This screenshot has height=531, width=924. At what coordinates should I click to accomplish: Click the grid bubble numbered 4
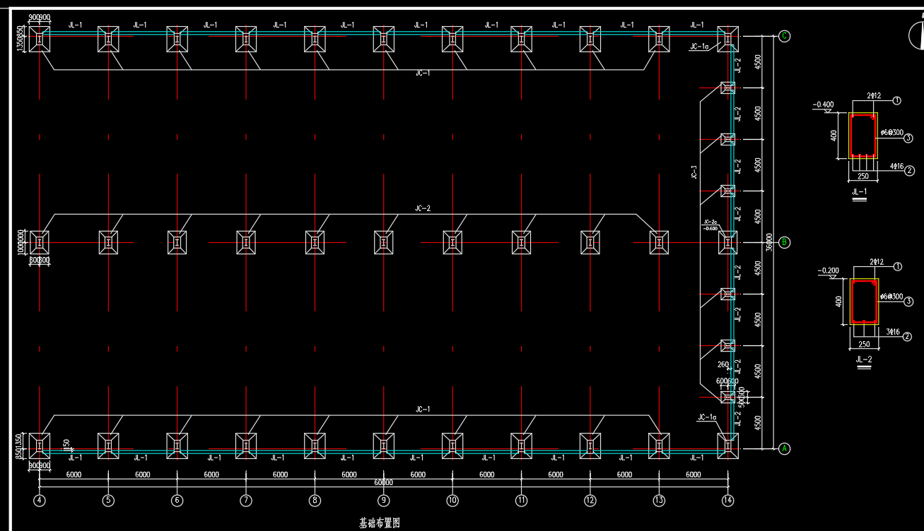coord(40,501)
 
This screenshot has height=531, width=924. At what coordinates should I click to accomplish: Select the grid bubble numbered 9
coord(383,501)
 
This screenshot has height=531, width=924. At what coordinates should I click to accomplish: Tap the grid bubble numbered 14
coord(727,501)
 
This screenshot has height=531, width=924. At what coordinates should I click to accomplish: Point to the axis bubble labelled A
coord(784,448)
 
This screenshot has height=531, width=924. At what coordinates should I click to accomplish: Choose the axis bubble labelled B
coord(784,242)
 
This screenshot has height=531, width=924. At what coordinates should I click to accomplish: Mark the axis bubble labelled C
coord(784,36)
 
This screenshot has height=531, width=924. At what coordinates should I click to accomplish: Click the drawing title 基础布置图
coord(380,523)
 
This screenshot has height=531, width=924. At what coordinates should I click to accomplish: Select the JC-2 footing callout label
coord(423,208)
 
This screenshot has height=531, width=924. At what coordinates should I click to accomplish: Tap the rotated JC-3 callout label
coord(694,172)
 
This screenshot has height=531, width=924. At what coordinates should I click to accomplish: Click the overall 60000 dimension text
coord(383,483)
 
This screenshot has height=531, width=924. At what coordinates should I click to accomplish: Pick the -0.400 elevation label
coord(824,105)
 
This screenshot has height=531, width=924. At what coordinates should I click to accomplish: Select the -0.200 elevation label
coord(828,270)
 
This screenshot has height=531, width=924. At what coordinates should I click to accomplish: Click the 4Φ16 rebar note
coord(896,167)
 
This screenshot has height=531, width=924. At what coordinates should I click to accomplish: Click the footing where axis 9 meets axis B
coord(383,242)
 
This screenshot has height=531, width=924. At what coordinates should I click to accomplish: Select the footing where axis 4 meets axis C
coord(40,39)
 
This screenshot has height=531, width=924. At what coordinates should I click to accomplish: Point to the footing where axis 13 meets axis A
coord(659,445)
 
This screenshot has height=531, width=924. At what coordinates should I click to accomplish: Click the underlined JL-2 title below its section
coord(863,359)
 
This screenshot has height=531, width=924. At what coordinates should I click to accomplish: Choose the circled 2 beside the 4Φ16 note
coord(910,170)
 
